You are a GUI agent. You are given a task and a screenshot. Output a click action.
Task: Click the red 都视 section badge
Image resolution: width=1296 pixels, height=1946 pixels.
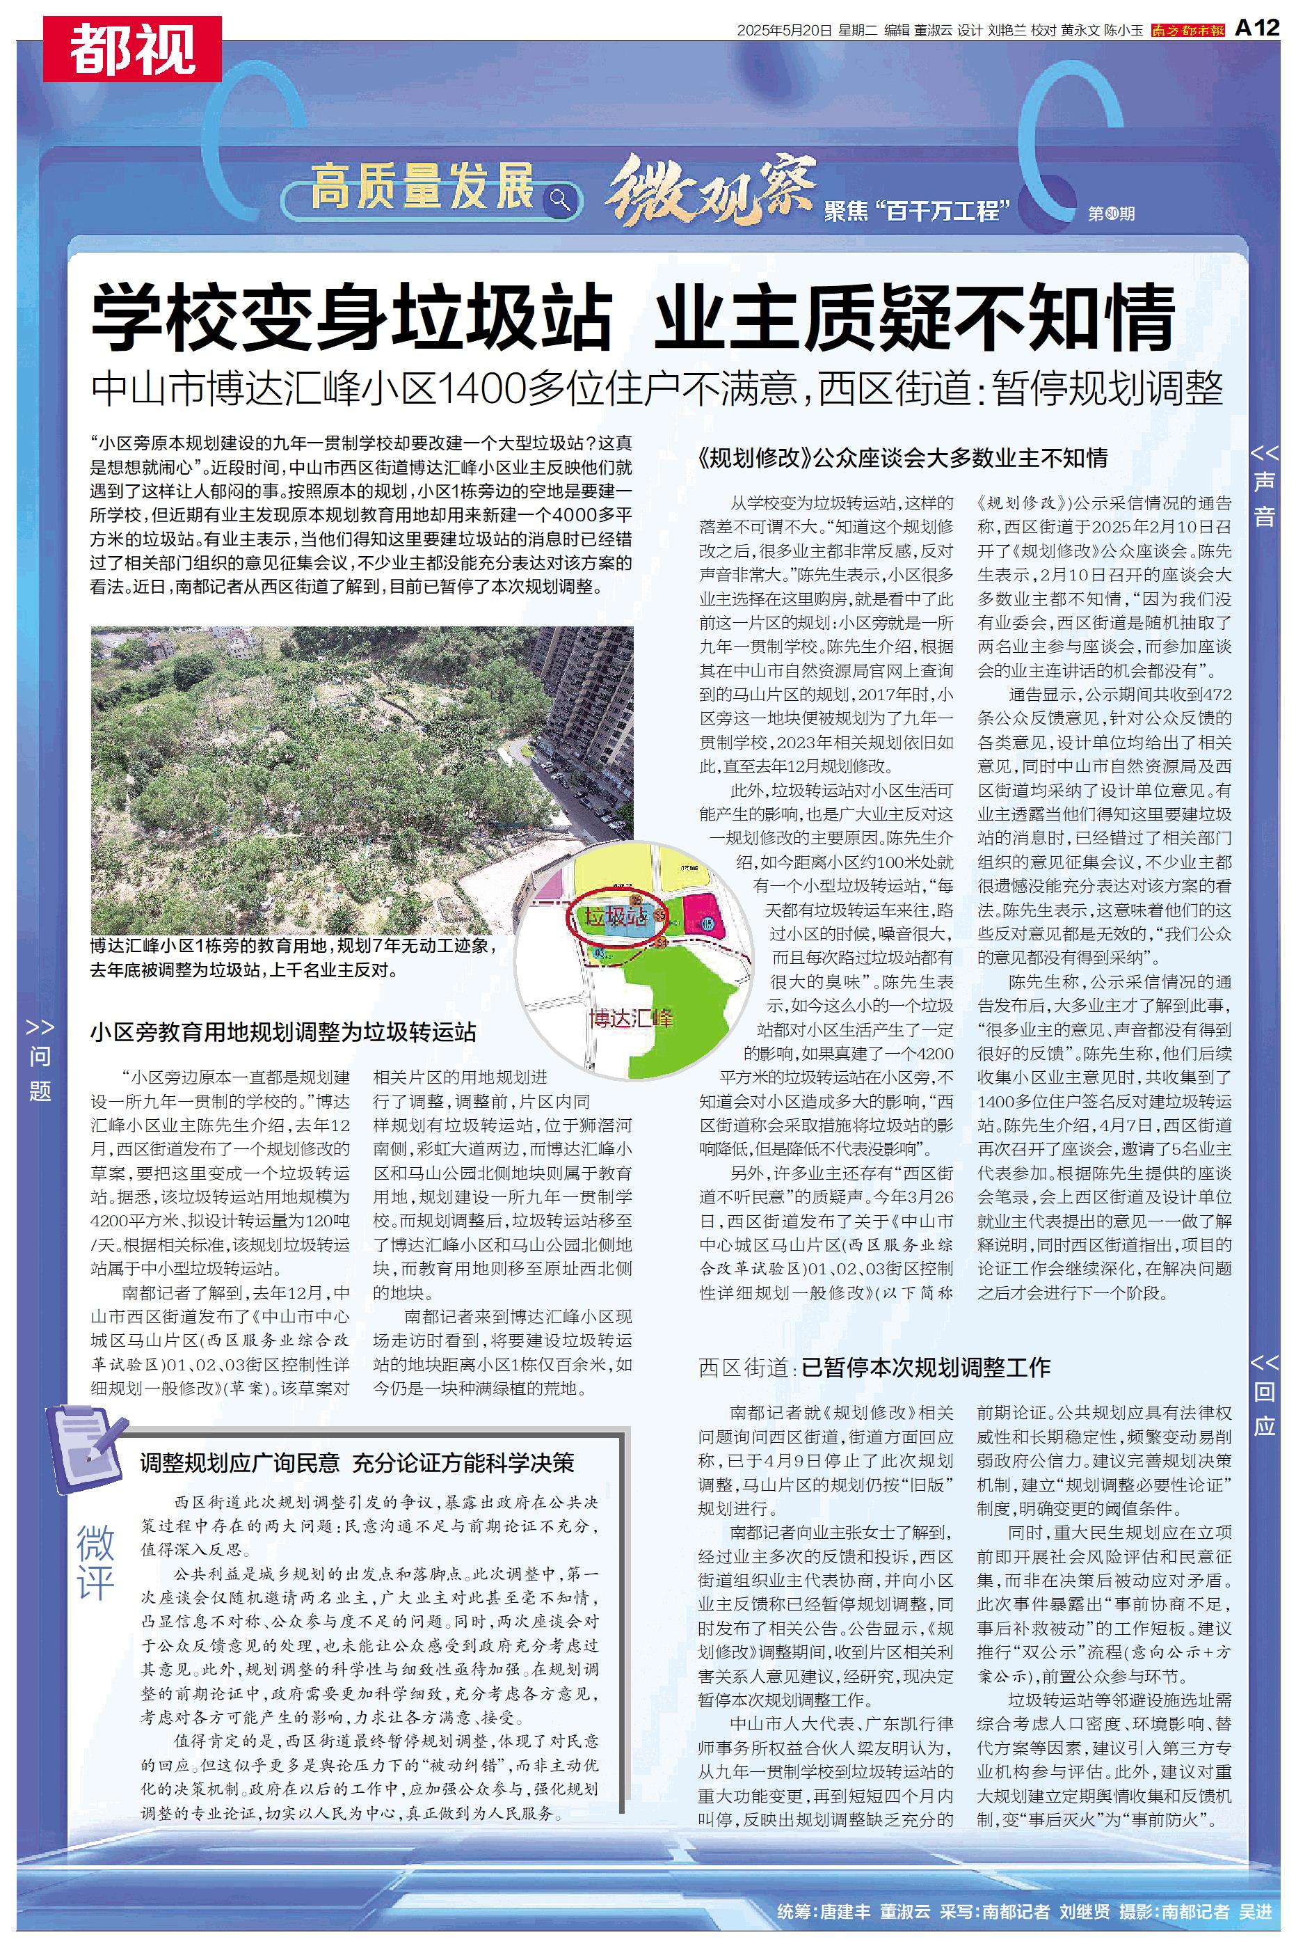(132, 49)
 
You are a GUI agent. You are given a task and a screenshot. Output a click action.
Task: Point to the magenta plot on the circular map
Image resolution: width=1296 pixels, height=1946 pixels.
(707, 915)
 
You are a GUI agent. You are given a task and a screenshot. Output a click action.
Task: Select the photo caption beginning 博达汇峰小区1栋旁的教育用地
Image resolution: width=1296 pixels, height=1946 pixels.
(294, 957)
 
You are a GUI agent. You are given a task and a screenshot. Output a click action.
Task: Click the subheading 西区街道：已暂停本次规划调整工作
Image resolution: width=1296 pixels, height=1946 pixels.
(874, 1368)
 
